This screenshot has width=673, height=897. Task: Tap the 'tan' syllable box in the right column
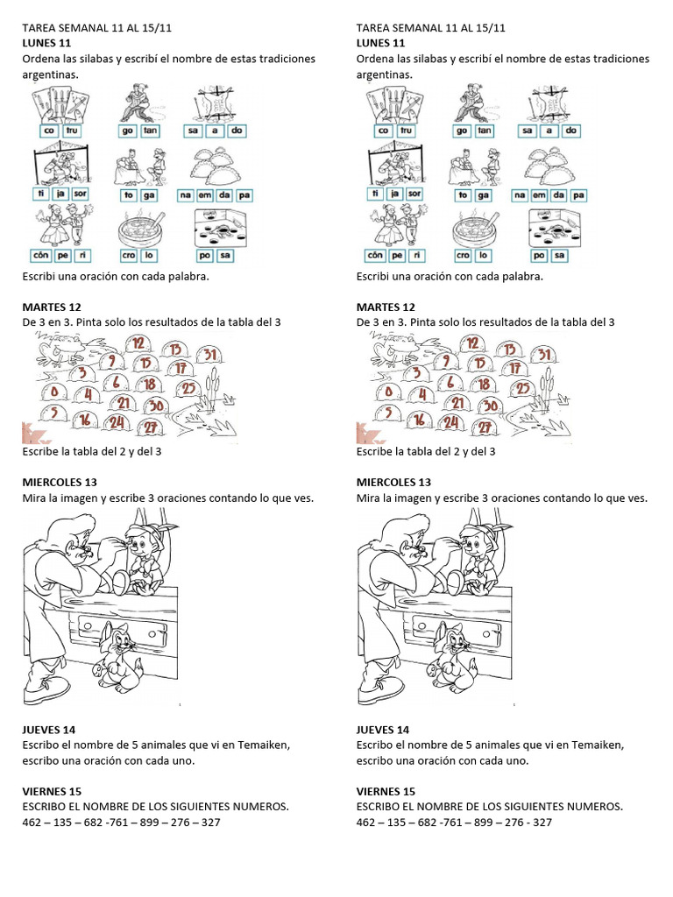coord(485,131)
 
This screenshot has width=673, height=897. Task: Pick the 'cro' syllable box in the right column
coord(464,255)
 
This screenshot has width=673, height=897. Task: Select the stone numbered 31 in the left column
coord(209,354)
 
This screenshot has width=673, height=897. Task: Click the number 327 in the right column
coord(542,823)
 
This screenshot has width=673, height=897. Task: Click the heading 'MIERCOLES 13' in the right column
coord(393,483)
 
